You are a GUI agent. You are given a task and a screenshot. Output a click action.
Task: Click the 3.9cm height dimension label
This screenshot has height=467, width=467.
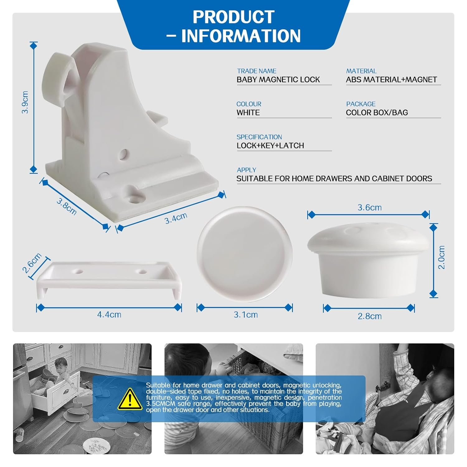(x=25, y=102)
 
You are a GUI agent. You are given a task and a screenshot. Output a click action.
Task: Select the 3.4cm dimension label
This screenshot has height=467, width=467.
(x=176, y=218)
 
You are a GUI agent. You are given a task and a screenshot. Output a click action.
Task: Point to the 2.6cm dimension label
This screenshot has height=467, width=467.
(x=32, y=263)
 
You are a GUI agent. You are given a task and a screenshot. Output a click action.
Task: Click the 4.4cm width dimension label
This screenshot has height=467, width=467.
(x=109, y=314)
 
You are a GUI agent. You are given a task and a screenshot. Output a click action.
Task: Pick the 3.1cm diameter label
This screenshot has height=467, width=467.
(x=246, y=315)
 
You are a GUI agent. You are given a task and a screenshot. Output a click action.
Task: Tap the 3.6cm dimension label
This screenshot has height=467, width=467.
(x=370, y=208)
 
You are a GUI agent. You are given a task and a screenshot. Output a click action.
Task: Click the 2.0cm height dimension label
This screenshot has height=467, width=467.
(x=441, y=257)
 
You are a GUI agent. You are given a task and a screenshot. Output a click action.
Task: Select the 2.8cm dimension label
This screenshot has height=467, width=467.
(x=370, y=316)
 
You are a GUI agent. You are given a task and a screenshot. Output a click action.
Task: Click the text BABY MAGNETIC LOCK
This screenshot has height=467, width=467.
(x=278, y=80)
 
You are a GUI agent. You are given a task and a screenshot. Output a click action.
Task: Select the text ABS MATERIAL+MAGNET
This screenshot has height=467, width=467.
(x=391, y=80)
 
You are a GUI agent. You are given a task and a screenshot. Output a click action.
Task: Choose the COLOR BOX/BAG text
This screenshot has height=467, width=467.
(x=377, y=113)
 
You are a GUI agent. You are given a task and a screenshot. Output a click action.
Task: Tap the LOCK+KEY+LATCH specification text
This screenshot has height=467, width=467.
(x=270, y=146)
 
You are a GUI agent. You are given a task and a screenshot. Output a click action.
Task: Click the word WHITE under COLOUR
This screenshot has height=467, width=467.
(x=248, y=113)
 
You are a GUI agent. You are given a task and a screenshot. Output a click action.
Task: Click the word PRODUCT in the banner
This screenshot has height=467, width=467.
(x=233, y=17)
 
